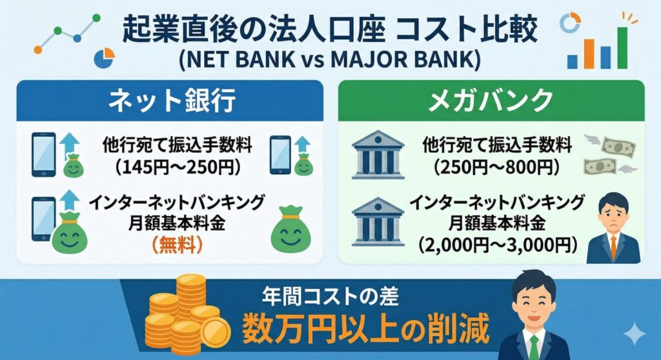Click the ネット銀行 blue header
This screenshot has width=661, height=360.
169,101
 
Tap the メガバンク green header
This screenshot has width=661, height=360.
491,101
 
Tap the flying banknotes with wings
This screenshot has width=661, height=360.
609,154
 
